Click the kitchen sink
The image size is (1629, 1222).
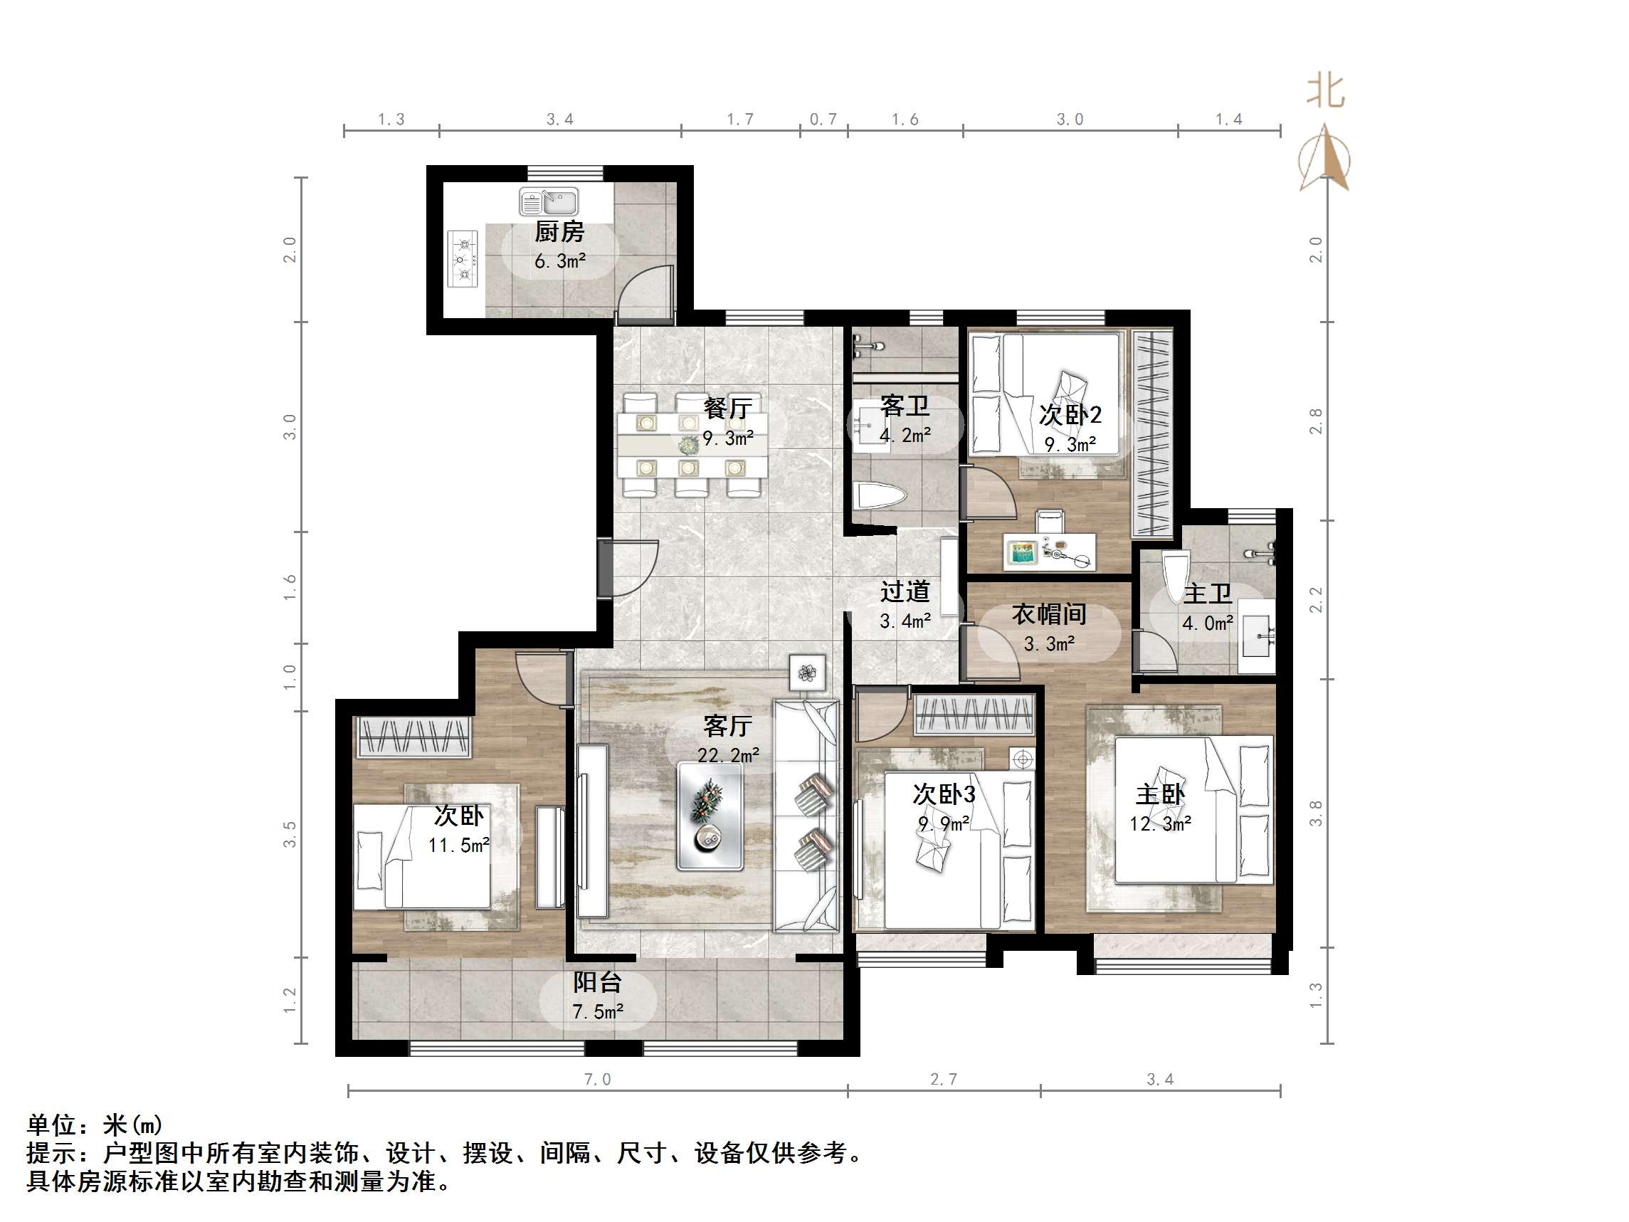pyautogui.click(x=549, y=201)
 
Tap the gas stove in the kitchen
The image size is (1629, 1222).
pyautogui.click(x=463, y=258)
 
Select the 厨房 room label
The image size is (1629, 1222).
pyautogui.click(x=559, y=232)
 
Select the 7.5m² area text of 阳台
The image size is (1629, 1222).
pyautogui.click(x=597, y=1012)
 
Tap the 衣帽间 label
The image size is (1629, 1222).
pyautogui.click(x=1048, y=614)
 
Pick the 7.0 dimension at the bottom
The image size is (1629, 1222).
pyautogui.click(x=597, y=1080)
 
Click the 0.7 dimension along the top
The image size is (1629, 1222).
pyautogui.click(x=823, y=120)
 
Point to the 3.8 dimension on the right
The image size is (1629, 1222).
pyautogui.click(x=1316, y=813)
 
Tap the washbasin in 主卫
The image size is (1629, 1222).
pyautogui.click(x=1256, y=636)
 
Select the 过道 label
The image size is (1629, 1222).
pyautogui.click(x=905, y=591)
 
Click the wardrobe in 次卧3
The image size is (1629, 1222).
pyautogui.click(x=974, y=715)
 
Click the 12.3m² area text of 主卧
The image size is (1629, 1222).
pyautogui.click(x=1160, y=824)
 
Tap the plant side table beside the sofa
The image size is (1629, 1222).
pyautogui.click(x=807, y=673)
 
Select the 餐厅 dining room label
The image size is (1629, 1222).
pyautogui.click(x=727, y=408)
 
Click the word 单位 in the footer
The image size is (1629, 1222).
pyautogui.click(x=51, y=1124)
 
